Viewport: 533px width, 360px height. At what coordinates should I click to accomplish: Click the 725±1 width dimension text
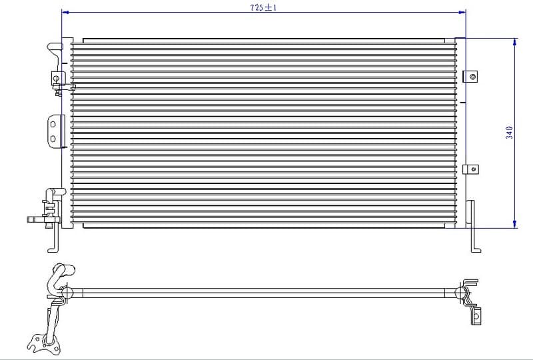tap(263, 7)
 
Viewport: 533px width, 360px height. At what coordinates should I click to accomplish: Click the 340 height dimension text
tap(509, 133)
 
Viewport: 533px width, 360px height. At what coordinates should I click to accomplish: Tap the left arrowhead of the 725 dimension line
tap(65, 12)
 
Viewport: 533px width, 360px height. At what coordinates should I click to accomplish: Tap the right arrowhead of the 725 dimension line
tap(462, 12)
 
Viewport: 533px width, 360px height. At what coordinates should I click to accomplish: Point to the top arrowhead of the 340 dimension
tap(515, 42)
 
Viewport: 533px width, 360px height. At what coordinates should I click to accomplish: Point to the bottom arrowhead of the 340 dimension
tap(515, 224)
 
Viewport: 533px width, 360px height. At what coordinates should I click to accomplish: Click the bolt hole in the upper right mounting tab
tap(472, 77)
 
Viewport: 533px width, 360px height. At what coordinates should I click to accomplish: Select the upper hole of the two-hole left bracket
tap(53, 124)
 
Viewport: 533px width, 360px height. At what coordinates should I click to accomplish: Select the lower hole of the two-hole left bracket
tap(53, 139)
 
